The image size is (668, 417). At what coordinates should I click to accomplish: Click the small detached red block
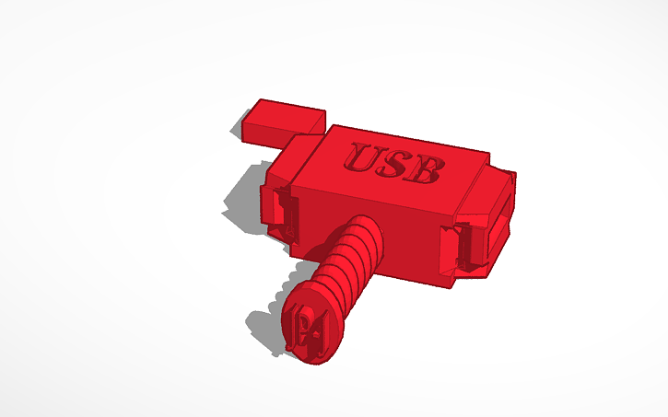pos(284,123)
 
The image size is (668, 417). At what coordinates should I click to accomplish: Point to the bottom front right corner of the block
pos(453,286)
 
